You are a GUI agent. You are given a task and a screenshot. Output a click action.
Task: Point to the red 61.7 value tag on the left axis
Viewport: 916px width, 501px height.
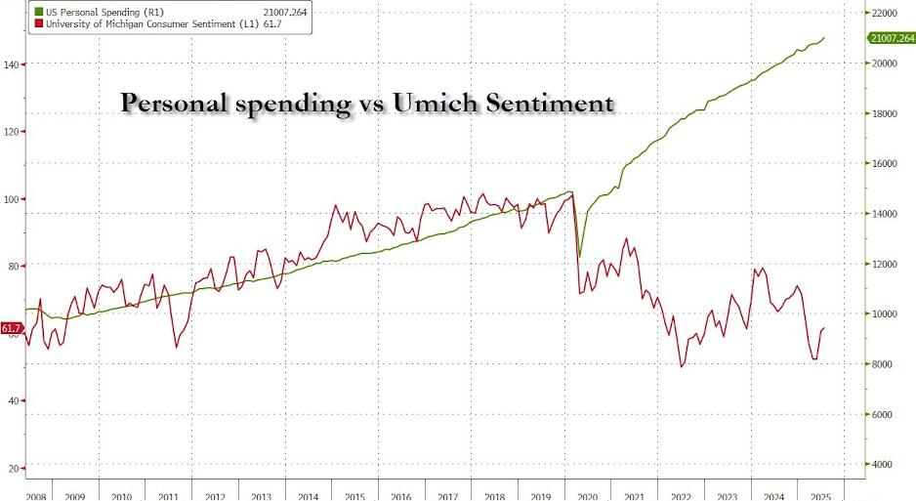(11, 329)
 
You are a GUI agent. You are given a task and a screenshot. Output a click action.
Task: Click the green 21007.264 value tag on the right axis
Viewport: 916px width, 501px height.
(891, 38)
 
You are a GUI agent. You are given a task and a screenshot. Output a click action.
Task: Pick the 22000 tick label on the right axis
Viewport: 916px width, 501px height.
(884, 13)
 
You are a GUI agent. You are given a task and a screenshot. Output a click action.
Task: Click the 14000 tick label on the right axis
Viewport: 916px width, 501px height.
(884, 214)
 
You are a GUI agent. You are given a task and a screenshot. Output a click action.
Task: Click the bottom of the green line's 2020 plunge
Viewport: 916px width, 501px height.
(579, 257)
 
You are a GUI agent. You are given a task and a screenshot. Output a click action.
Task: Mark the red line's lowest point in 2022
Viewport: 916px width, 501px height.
(681, 366)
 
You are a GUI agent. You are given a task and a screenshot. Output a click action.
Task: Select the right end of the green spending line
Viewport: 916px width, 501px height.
(824, 38)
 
